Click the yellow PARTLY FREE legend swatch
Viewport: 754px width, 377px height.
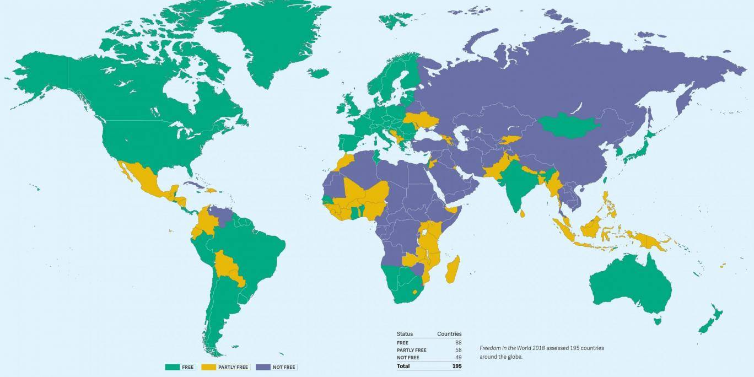(x=209, y=367)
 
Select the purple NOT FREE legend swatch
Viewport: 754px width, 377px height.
(x=262, y=367)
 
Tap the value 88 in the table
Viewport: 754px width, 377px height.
(x=458, y=342)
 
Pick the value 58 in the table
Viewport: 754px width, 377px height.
(x=458, y=350)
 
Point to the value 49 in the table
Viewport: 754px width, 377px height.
(x=458, y=358)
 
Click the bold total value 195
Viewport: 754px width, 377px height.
(x=456, y=366)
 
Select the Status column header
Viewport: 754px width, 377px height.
(x=405, y=334)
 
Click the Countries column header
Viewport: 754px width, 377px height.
(x=449, y=334)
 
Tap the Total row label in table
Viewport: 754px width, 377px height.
(x=403, y=366)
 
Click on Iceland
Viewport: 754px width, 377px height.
(x=318, y=73)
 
